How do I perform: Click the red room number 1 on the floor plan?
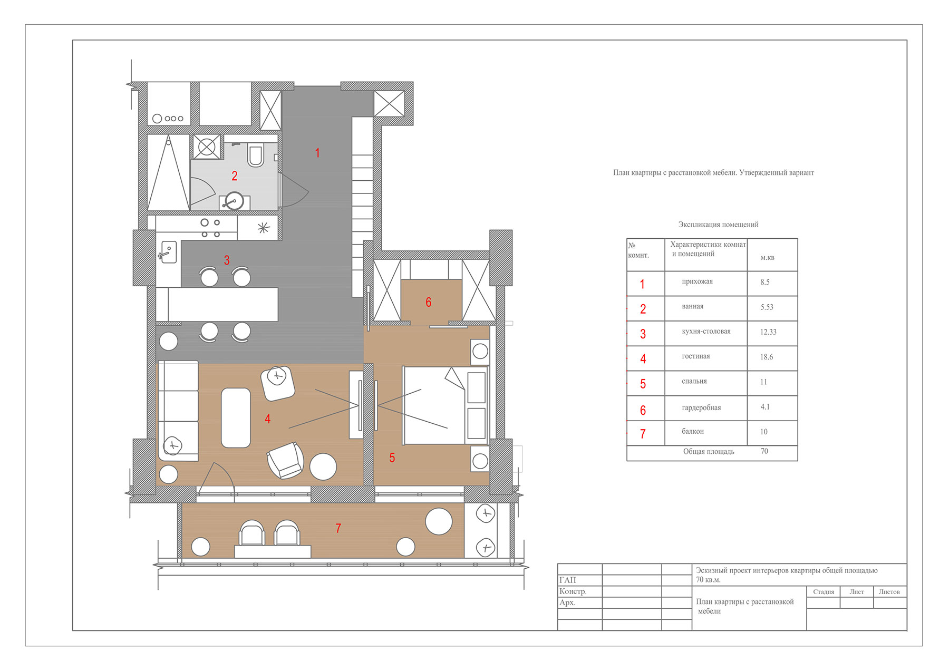317,153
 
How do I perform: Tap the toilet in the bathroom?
256,155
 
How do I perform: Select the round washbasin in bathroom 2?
234,201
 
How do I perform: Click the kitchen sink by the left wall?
168,252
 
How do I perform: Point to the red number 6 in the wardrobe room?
429,302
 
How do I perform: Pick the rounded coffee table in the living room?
236,418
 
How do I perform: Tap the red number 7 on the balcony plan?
338,528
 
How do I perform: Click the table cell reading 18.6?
767,357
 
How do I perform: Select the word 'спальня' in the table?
694,381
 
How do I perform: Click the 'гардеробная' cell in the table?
701,407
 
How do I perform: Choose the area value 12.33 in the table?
768,332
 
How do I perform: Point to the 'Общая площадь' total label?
709,452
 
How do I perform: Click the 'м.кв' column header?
768,258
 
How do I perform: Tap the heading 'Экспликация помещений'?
718,225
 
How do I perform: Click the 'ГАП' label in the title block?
568,580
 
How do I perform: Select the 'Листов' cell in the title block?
889,592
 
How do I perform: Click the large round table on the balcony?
439,521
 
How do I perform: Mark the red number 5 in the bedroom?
392,458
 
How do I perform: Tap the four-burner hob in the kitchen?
210,228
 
